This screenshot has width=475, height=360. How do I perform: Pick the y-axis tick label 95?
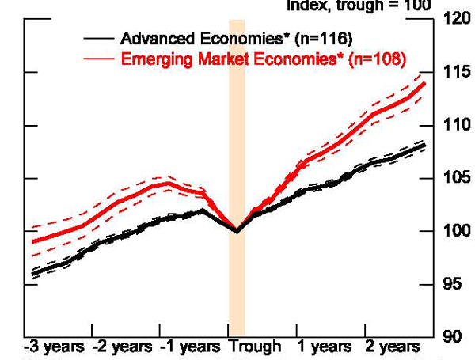point(452,283)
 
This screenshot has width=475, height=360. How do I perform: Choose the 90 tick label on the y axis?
point(452,336)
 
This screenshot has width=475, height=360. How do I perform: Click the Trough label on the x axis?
point(255,347)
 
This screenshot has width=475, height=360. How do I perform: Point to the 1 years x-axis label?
point(325,347)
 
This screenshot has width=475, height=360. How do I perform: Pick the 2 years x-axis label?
point(393,347)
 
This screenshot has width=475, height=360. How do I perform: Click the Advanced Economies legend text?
point(236,39)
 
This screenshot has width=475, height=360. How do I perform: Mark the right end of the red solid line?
point(426,83)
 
